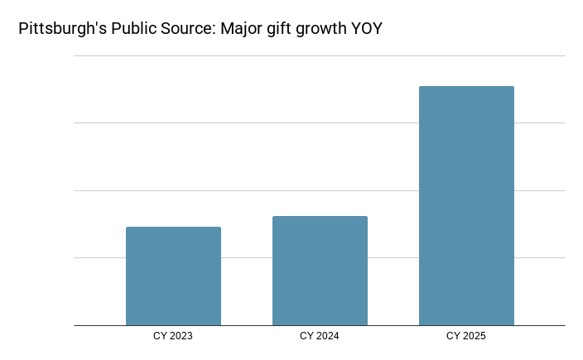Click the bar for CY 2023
point(173,276)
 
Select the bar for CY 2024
point(320,271)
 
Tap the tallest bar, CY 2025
point(466,206)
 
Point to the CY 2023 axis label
point(173,336)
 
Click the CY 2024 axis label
point(320,336)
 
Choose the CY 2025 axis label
point(466,336)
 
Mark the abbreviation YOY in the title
point(367,29)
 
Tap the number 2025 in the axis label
point(475,336)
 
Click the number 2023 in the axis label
point(181,336)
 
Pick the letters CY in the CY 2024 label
point(306,336)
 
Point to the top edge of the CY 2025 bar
point(466,87)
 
